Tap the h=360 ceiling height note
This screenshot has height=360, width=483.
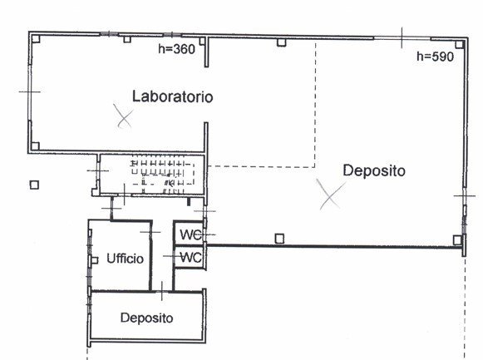176,50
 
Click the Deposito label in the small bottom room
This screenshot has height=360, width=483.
145,318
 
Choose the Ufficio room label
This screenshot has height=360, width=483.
126,259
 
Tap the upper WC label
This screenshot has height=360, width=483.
190,235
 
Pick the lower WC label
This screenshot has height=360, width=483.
190,258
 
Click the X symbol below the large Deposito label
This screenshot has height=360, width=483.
332,195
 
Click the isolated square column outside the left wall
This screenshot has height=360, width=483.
34,185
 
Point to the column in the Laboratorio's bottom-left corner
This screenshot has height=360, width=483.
36,146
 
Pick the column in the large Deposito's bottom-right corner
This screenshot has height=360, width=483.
457,240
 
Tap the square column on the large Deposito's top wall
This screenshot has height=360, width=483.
282,42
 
